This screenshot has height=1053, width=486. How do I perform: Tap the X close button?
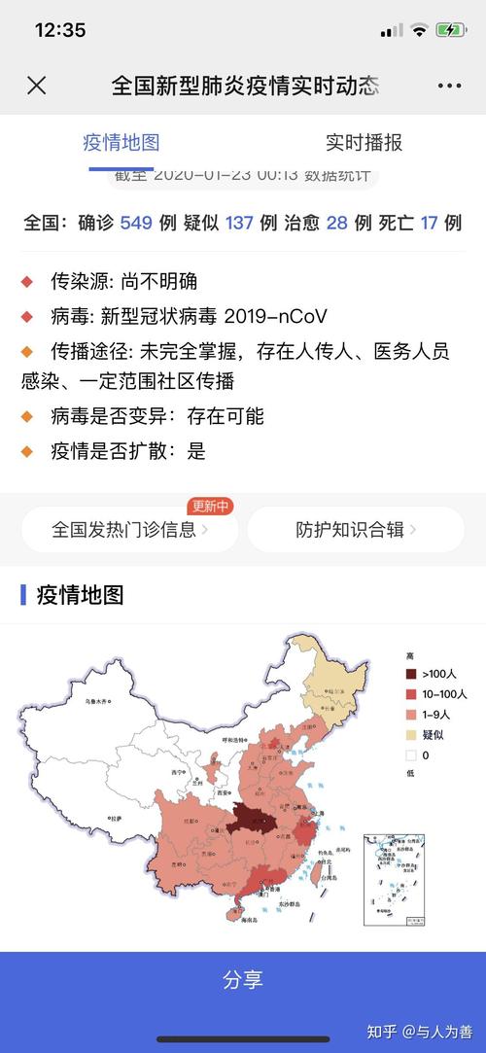tap(36, 86)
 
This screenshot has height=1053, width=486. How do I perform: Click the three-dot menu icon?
tap(449, 86)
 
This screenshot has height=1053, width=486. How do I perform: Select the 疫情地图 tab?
tap(121, 143)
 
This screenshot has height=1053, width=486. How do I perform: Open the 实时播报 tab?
tap(364, 143)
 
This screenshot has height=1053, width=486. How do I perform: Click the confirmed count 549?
tap(136, 223)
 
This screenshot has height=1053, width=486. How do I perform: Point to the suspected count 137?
tap(239, 223)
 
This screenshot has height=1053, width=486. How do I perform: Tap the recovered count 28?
tap(337, 223)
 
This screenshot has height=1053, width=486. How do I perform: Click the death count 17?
tap(429, 223)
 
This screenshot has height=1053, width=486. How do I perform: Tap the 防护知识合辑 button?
tap(356, 530)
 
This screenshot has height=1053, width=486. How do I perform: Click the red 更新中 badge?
tap(211, 506)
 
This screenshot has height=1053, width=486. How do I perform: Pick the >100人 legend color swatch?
tap(411, 674)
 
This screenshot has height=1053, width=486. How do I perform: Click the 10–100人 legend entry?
tap(438, 694)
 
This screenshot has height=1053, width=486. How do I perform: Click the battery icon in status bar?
tap(450, 30)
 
